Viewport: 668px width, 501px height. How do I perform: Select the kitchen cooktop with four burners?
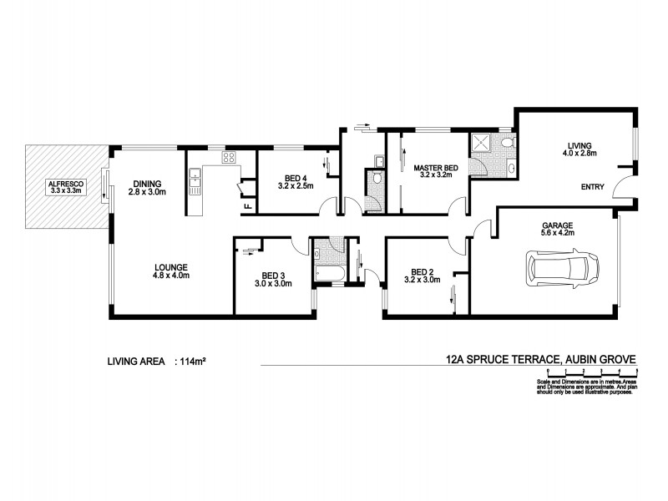pos(228,157)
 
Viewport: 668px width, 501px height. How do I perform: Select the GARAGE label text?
pos(557,225)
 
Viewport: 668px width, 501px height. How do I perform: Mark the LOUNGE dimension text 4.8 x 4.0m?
pos(170,276)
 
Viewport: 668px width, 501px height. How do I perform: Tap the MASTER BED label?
pos(433,167)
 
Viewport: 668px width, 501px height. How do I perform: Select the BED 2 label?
pos(423,271)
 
